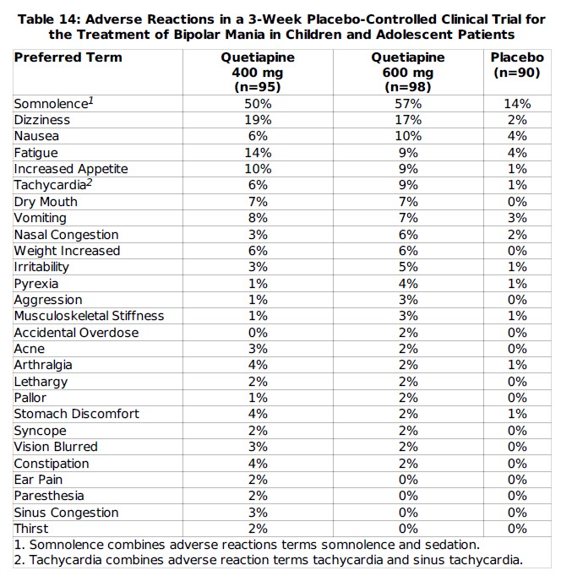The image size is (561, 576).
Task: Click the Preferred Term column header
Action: (68, 57)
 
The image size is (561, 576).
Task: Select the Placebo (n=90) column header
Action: (518, 65)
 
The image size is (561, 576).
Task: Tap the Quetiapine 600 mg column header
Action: (408, 72)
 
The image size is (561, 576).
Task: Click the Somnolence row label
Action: (52, 103)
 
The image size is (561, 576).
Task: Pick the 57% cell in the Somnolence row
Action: (408, 104)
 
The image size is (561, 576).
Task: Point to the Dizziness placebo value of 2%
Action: (518, 120)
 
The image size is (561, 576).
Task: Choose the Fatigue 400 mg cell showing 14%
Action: (258, 153)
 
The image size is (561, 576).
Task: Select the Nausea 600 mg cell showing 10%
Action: (408, 137)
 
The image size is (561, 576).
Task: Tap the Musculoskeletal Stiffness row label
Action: (89, 316)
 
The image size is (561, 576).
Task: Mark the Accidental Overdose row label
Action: (76, 333)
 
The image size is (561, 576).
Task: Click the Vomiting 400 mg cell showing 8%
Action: (258, 218)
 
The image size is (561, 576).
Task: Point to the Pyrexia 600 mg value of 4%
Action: (408, 284)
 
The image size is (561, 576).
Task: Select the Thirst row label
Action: (31, 529)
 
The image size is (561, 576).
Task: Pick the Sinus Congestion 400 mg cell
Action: (258, 513)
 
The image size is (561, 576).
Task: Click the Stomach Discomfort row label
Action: (77, 414)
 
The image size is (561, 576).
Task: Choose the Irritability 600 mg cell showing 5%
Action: (408, 267)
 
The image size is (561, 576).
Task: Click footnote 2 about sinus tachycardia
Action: (269, 560)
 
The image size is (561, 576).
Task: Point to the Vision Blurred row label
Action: (56, 447)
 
